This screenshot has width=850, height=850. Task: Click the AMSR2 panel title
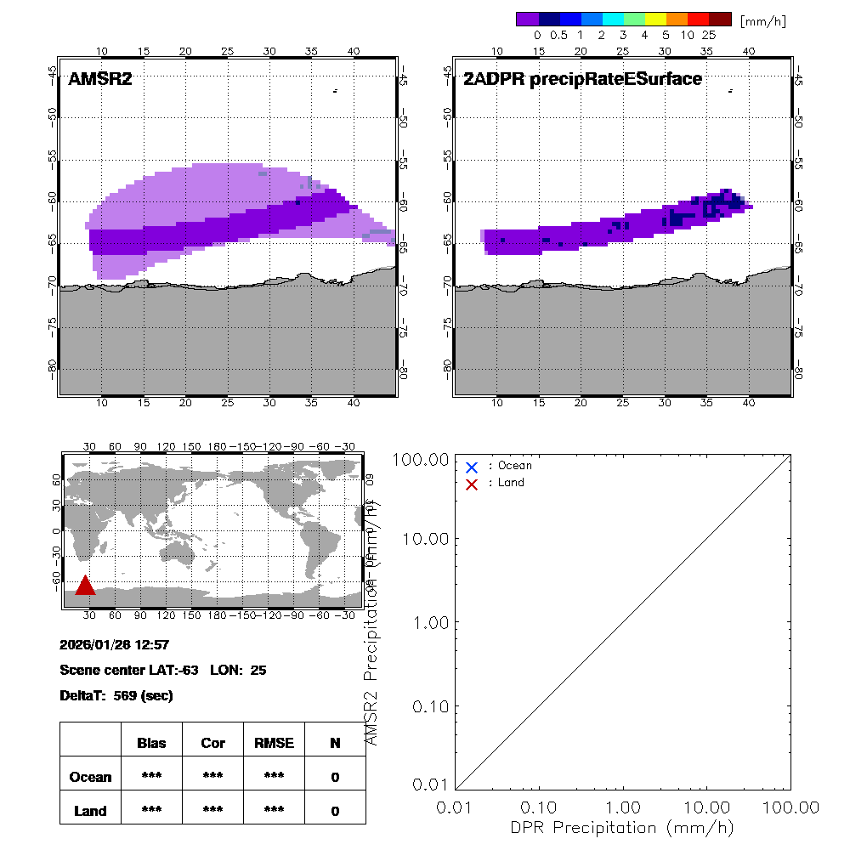(x=100, y=80)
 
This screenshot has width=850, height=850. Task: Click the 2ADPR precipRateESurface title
(x=582, y=80)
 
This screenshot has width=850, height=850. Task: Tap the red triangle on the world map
(x=84, y=586)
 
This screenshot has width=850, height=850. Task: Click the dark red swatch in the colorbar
(x=720, y=19)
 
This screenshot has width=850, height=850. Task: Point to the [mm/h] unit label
(x=762, y=20)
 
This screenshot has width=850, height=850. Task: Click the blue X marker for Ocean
(x=472, y=467)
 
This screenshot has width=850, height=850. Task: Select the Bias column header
(x=151, y=743)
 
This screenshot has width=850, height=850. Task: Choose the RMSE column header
(x=274, y=743)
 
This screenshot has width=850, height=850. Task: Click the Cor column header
(x=212, y=743)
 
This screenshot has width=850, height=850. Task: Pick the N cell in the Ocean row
(x=335, y=777)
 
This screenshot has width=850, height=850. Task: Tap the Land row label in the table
(x=90, y=811)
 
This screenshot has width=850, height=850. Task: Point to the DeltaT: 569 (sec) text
(x=116, y=695)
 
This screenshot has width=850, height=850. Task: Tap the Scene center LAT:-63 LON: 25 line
(x=163, y=670)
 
